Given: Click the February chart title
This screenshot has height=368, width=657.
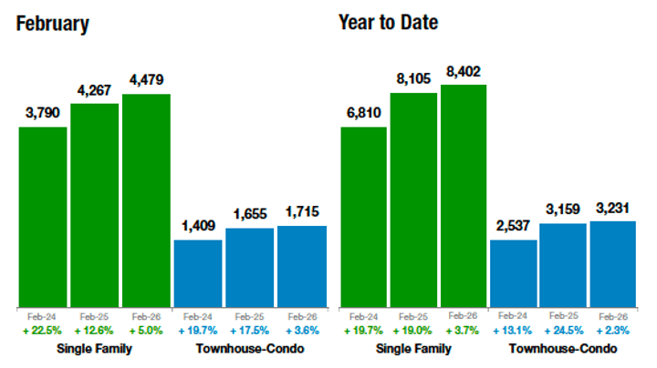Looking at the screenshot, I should pyautogui.click(x=53, y=23).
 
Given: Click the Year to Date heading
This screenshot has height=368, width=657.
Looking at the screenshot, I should pyautogui.click(x=388, y=21).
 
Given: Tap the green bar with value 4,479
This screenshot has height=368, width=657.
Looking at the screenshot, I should pyautogui.click(x=146, y=200).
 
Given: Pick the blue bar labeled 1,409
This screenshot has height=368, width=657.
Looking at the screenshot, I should pyautogui.click(x=197, y=273).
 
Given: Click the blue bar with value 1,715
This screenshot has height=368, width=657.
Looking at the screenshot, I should pyautogui.click(x=301, y=266).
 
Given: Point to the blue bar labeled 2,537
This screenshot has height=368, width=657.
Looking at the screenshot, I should pyautogui.click(x=513, y=273).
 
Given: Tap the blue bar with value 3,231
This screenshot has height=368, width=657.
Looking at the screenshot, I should pyautogui.click(x=612, y=263).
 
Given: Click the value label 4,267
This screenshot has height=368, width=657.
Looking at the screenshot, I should pyautogui.click(x=94, y=92).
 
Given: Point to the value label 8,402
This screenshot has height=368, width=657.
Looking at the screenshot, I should pyautogui.click(x=464, y=72).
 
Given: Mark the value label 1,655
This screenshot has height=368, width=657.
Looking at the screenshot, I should pyautogui.click(x=249, y=215).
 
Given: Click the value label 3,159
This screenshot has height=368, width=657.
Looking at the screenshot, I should pyautogui.click(x=562, y=210).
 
